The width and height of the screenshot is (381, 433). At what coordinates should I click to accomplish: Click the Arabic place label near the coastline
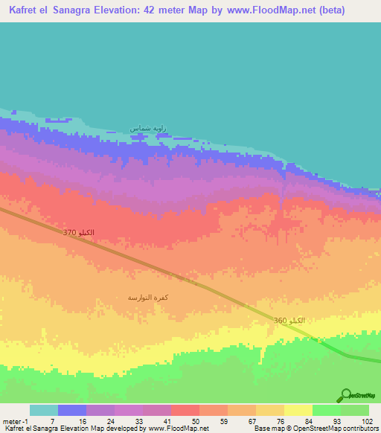[146, 129]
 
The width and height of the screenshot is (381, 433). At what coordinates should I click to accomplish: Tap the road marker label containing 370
[79, 234]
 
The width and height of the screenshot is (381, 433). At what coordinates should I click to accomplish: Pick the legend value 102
[366, 420]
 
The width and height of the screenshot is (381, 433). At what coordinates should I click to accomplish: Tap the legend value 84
[310, 420]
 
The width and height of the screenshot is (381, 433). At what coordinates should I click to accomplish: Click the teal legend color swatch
[43, 410]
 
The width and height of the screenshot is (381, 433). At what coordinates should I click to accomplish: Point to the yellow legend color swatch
[298, 410]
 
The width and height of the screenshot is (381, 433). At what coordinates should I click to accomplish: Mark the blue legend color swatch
[71, 410]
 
